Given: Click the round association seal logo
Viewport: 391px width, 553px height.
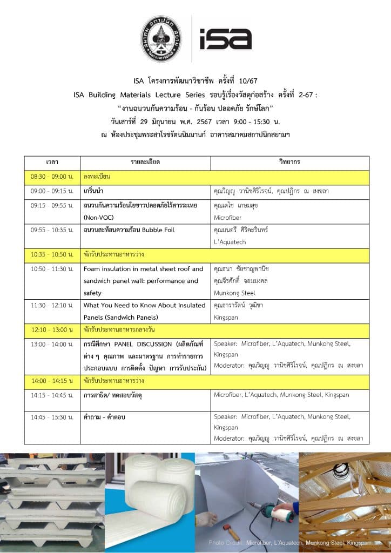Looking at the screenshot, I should click(x=160, y=39).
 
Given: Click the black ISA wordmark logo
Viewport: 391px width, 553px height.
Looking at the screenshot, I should click(x=225, y=39).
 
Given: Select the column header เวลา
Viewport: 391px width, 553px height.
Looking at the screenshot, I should click(x=52, y=162).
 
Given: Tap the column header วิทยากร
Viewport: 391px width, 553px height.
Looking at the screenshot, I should click(x=289, y=162).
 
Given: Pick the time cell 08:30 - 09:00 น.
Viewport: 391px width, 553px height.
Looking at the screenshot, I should click(x=52, y=177).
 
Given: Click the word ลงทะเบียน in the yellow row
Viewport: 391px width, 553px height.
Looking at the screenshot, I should click(x=97, y=177).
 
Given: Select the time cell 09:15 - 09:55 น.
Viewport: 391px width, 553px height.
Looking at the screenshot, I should click(x=52, y=206).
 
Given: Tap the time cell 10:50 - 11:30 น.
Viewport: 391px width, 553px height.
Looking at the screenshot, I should click(x=52, y=269).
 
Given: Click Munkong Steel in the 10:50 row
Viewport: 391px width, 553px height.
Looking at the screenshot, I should click(x=234, y=293).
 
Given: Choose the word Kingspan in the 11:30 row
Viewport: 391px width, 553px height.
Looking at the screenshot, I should click(x=227, y=317).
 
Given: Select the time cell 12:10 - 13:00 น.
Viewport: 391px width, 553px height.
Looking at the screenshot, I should click(x=52, y=329).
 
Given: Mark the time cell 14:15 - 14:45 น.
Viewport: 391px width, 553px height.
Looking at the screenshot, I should click(x=52, y=395).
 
